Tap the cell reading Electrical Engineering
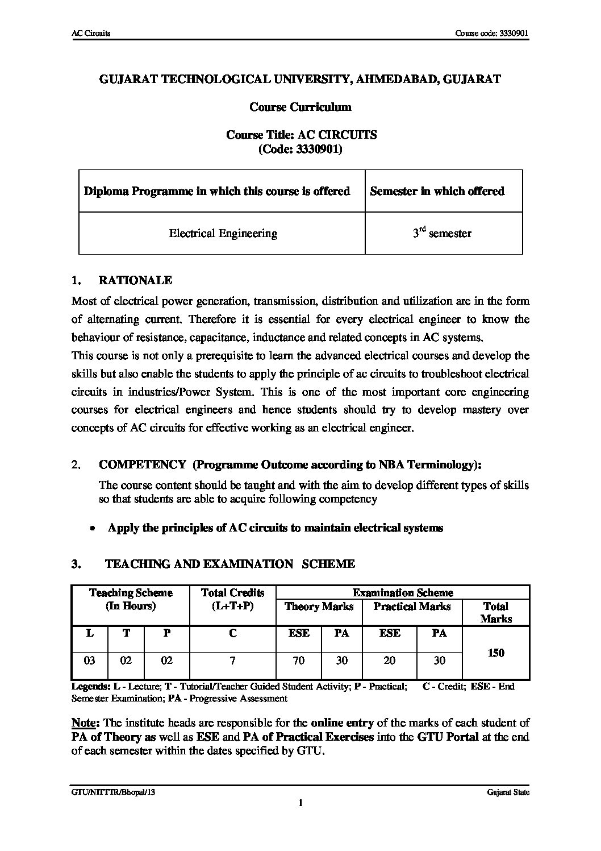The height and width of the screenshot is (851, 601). tap(223, 233)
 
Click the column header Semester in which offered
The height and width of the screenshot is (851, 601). tap(437, 191)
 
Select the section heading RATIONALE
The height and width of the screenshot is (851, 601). tap(135, 280)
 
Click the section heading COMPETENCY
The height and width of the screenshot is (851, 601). tap(142, 464)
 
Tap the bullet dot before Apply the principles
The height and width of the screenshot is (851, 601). tap(92, 529)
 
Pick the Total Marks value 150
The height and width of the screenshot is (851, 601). tap(495, 653)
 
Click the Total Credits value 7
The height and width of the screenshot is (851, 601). tap(232, 661)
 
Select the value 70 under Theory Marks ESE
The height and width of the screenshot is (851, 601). tap(298, 661)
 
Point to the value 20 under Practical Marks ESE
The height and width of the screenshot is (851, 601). tap(390, 661)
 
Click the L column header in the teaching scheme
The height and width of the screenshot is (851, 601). tap(90, 633)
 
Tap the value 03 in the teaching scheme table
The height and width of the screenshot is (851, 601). tap(90, 661)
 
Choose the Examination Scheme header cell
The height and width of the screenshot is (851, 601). tap(403, 592)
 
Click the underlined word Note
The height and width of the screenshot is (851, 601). tap(85, 723)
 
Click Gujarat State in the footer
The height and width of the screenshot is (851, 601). tap(508, 792)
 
